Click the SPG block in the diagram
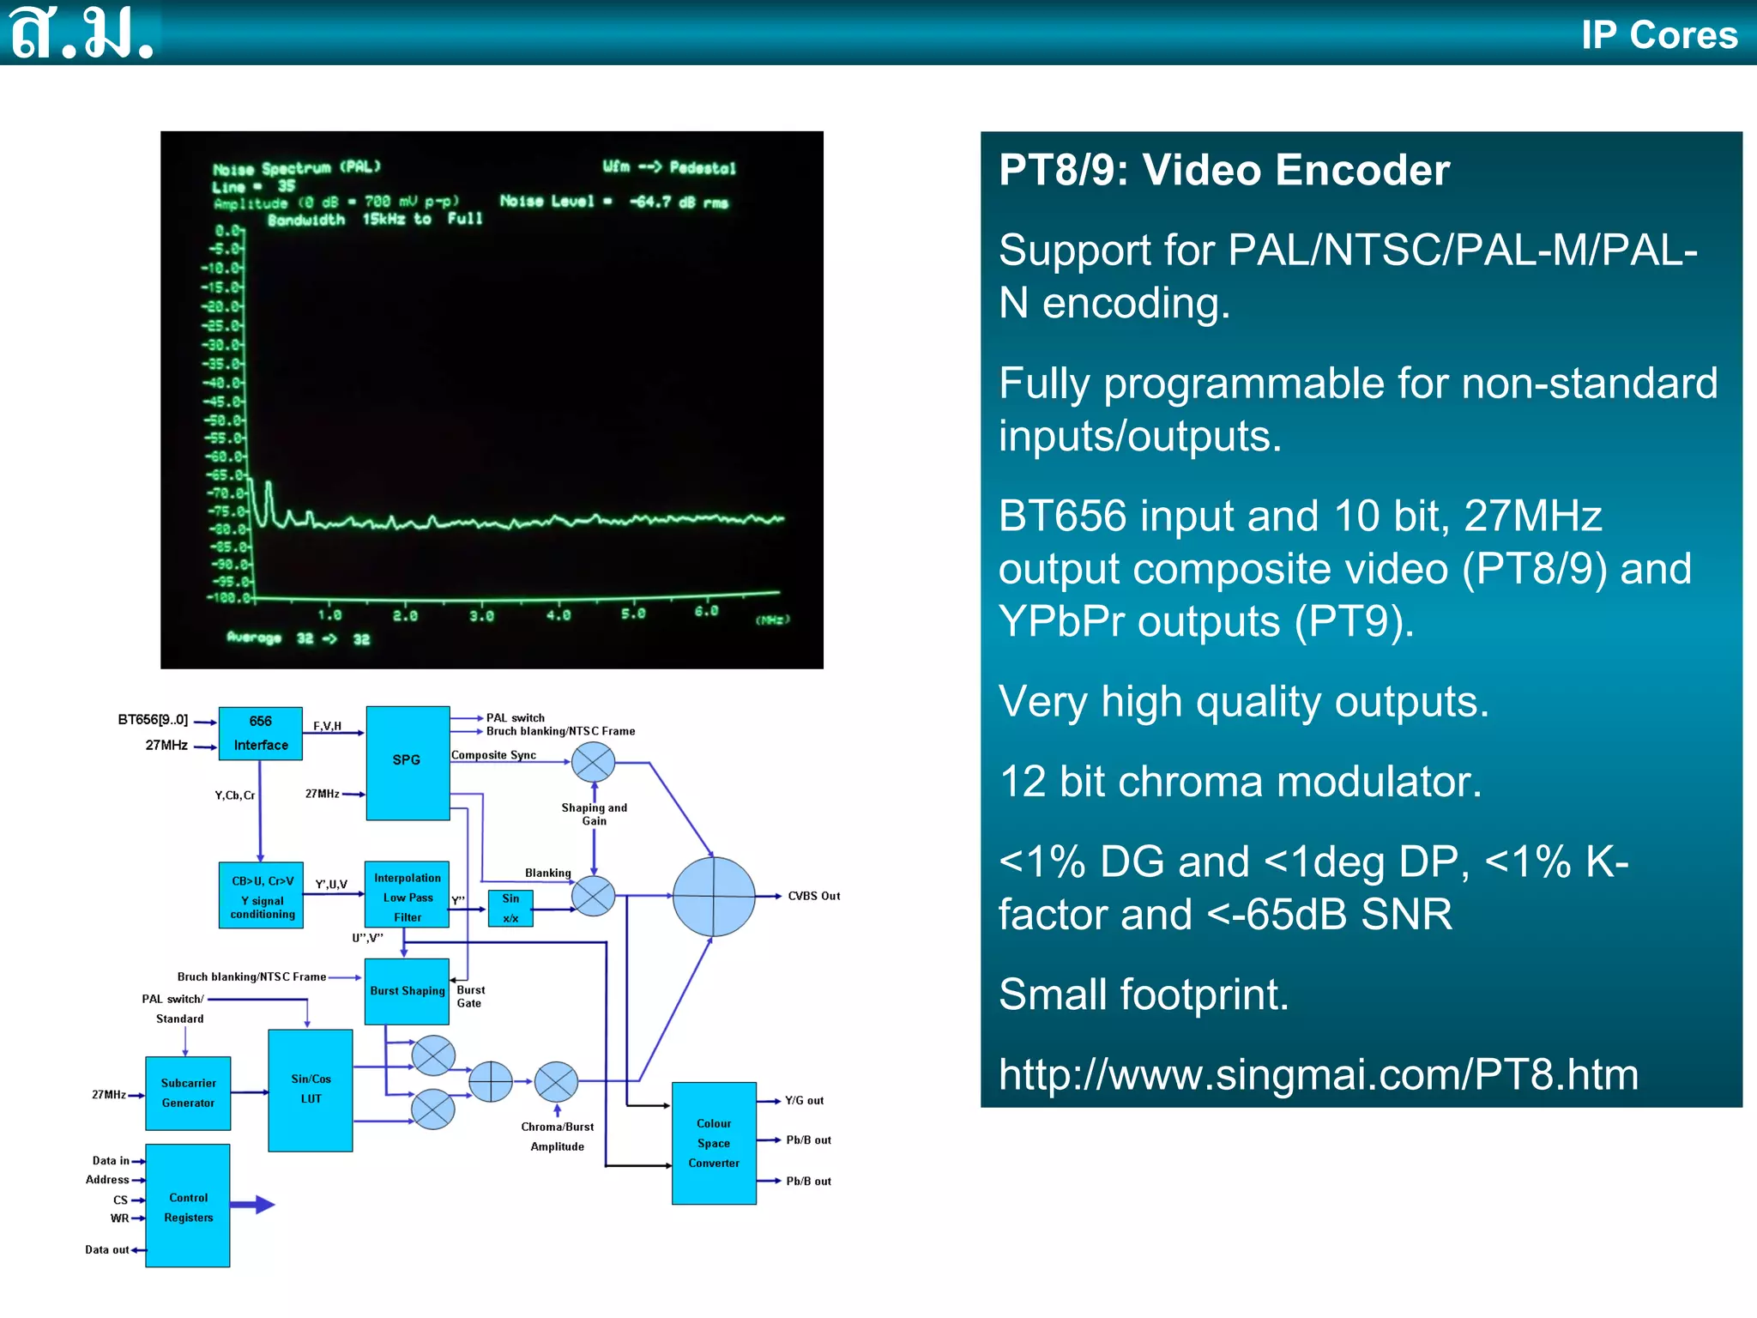point(408,762)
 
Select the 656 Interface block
point(260,734)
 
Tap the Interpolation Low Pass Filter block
point(407,895)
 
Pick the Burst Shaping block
point(407,991)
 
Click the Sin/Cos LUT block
point(311,1090)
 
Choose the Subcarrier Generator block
point(188,1093)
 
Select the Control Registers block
point(188,1206)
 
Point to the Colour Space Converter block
point(714,1143)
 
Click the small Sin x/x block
point(510,908)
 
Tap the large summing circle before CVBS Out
point(714,896)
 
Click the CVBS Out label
point(813,896)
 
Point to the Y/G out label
point(804,1100)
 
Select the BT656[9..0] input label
point(153,720)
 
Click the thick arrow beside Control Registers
point(254,1205)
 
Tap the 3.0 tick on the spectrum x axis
point(481,615)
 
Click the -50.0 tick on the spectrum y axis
point(225,420)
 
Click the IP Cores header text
point(1659,34)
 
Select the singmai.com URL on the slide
point(1318,1074)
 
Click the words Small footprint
point(1144,995)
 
